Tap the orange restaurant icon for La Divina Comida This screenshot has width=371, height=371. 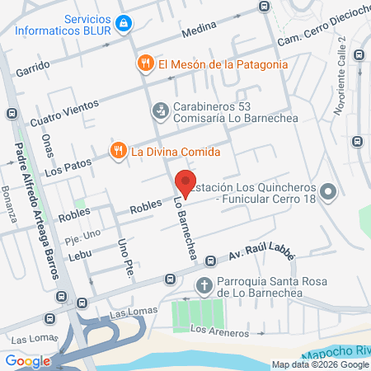(x=119, y=151)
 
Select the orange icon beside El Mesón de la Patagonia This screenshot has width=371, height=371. (x=145, y=63)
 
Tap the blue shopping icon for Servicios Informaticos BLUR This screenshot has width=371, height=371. (x=124, y=23)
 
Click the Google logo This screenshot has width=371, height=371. (x=27, y=360)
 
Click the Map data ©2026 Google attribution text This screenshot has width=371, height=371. (x=321, y=364)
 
